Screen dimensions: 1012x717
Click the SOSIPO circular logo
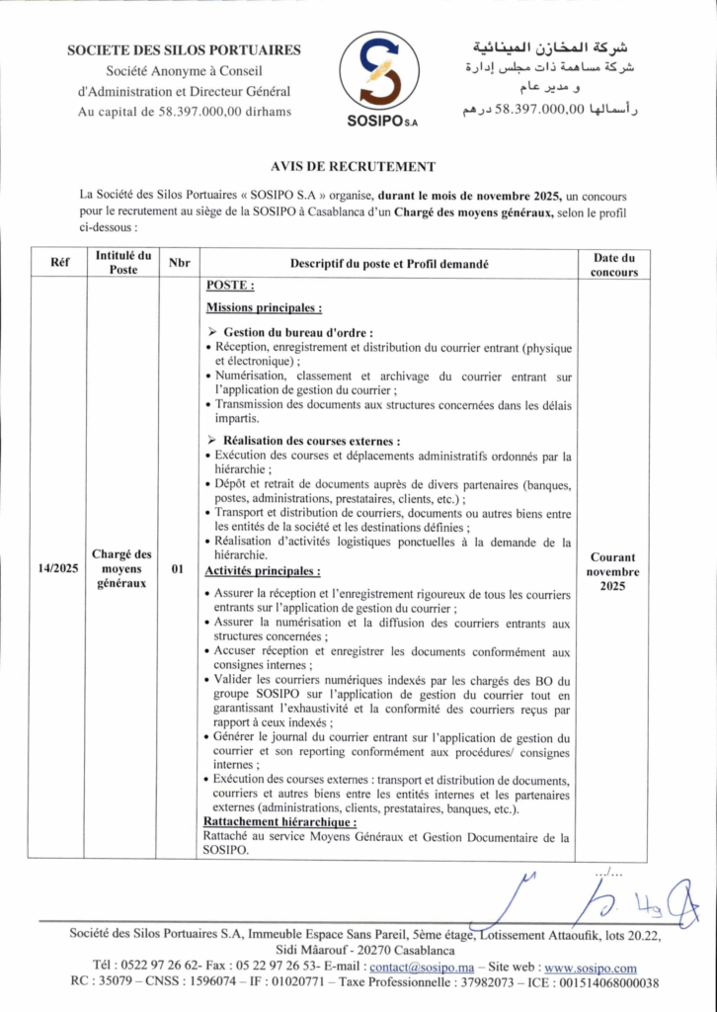pos(379,76)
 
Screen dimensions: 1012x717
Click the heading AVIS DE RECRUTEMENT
pos(353,167)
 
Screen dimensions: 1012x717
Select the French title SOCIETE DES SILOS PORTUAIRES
pos(184,50)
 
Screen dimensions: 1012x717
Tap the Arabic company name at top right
pos(550,46)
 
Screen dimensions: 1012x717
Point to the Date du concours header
pos(613,264)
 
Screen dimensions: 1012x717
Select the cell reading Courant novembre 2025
pos(613,571)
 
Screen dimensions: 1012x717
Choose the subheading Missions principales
pos(263,308)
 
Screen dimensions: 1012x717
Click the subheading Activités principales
pos(262,570)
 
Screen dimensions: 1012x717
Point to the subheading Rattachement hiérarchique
pos(279,821)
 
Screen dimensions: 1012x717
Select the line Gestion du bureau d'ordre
pos(297,332)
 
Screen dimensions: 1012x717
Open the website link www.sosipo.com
pos(591,967)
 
